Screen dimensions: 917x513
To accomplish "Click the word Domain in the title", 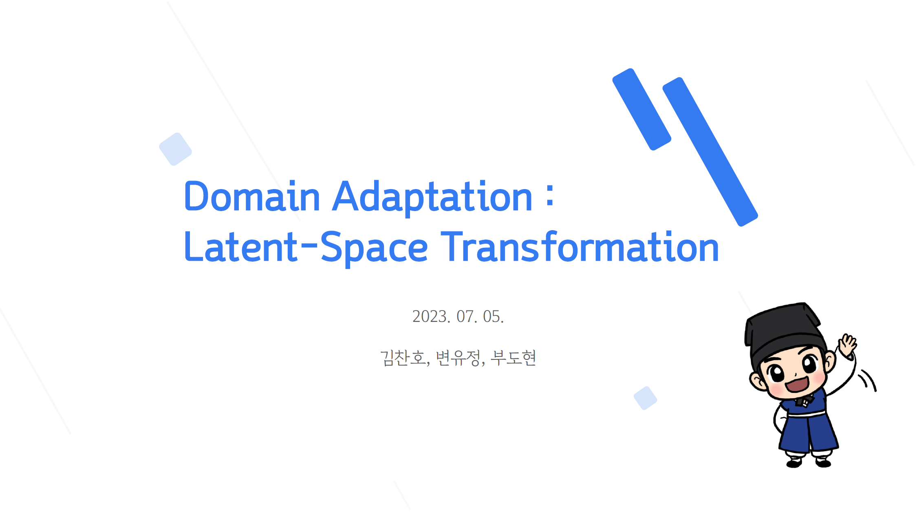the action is tap(252, 196).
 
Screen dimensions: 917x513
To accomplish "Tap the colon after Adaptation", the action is tap(550, 196).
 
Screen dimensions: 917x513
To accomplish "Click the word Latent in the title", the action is tap(241, 247).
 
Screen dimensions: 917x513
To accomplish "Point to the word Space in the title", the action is tap(374, 249).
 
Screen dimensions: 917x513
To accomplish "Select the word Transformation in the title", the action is tap(580, 246).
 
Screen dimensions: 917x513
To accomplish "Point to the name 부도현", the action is tap(513, 358).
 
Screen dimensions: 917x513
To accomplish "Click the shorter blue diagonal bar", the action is tap(642, 109).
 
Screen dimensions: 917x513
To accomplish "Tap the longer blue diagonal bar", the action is tap(710, 152).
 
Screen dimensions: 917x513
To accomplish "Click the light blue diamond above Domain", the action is tap(175, 149).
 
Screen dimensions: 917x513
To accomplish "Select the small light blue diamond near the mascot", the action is tap(645, 398).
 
